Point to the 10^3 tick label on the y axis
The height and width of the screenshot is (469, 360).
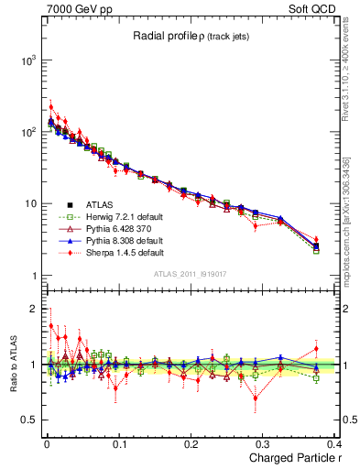[x=27, y=60]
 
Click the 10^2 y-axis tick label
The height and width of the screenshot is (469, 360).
[x=27, y=132]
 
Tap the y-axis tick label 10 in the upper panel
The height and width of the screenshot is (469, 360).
[x=29, y=204]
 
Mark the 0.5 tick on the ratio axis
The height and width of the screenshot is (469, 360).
[x=29, y=420]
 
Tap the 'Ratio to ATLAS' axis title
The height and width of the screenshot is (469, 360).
[x=10, y=365]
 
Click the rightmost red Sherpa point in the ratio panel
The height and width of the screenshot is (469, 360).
[x=316, y=348]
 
